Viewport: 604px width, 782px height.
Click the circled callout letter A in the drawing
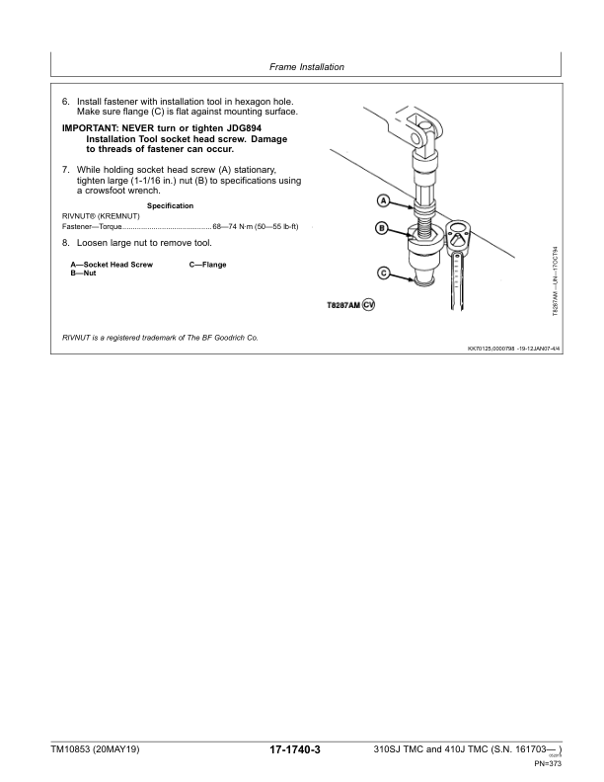point(383,202)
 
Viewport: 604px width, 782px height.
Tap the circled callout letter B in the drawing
point(382,229)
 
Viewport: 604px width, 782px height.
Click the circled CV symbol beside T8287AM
point(369,304)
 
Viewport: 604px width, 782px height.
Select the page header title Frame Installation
point(306,68)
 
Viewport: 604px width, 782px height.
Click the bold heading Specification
point(170,205)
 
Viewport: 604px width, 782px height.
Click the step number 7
point(65,170)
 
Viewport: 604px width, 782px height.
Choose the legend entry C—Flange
point(207,265)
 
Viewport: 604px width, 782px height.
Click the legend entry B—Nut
point(82,273)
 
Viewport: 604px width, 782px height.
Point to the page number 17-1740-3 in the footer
point(295,751)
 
